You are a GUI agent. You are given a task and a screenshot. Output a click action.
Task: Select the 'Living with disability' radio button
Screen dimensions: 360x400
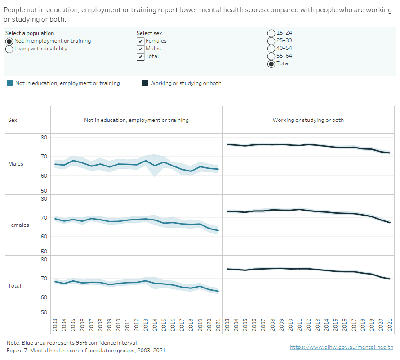point(9,49)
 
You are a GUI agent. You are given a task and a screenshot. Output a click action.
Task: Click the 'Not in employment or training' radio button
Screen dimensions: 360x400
point(9,41)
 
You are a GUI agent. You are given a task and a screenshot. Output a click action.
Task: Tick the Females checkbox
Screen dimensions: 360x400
point(141,41)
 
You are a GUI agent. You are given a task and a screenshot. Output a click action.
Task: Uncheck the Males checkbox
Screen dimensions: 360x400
point(141,49)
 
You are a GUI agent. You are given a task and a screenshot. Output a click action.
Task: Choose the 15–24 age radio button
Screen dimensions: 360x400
point(271,33)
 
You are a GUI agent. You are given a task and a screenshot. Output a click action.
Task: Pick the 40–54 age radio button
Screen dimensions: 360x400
point(271,48)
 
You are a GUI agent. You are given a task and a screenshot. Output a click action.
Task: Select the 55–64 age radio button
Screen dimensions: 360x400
point(271,56)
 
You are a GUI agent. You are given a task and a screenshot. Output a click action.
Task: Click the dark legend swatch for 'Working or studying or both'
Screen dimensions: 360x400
point(145,83)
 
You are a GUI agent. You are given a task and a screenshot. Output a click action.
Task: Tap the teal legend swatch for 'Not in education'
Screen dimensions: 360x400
point(10,83)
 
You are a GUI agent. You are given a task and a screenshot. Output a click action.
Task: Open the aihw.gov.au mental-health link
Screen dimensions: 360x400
point(341,347)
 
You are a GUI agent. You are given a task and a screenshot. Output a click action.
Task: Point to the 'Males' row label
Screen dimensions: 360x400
point(16,164)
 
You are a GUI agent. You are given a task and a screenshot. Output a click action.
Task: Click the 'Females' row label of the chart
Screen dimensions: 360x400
point(18,225)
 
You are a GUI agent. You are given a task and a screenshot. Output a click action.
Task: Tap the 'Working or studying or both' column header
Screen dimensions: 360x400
point(308,120)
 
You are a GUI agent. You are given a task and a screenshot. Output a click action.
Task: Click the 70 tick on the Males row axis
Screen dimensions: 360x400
point(44,157)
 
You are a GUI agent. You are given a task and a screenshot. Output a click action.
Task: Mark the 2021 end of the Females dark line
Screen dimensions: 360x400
point(390,223)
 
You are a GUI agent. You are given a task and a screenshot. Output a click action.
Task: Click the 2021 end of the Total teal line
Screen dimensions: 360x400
point(218,291)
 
